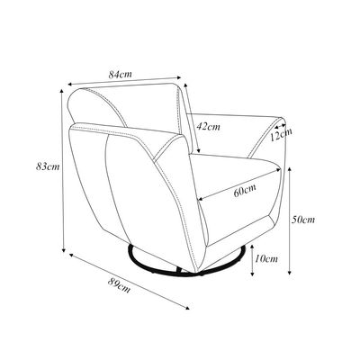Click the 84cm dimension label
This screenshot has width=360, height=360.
(x=120, y=74)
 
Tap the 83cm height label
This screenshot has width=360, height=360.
(x=48, y=166)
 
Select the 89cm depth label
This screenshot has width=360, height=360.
(x=119, y=285)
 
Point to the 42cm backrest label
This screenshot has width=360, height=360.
(x=208, y=127)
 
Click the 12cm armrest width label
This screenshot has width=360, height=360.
(x=281, y=135)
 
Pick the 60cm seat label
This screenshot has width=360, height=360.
(x=245, y=191)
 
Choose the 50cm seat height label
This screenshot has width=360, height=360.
(x=303, y=220)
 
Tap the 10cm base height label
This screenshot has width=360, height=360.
(x=266, y=258)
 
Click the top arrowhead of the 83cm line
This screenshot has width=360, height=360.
(x=62, y=91)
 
